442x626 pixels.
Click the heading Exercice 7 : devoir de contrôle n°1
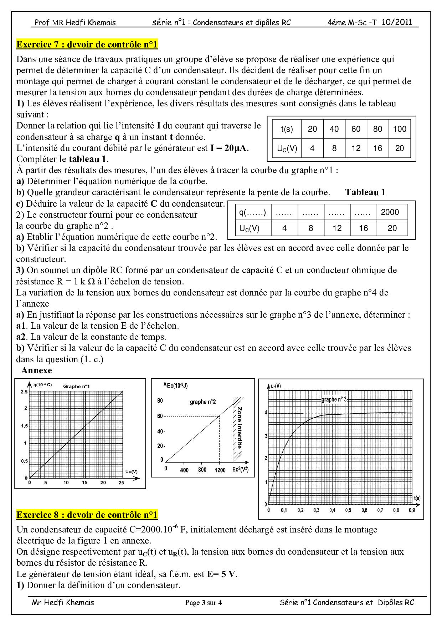[87, 45]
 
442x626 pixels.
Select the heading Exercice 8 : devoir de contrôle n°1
[87, 515]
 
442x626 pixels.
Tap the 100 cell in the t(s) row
[399, 129]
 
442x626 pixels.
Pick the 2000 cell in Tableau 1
[390, 212]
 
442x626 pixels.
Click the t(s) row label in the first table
[287, 129]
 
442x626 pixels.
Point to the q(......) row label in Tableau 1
[253, 212]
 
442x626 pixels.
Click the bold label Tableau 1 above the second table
[365, 192]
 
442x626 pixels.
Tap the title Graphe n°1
[76, 386]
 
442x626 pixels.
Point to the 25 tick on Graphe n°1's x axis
[121, 483]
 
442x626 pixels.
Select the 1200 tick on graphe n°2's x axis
[220, 470]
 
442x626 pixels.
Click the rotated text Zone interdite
[240, 427]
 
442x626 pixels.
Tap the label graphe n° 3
[334, 399]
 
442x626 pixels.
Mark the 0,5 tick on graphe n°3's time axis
[348, 510]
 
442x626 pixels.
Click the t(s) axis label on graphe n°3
[417, 498]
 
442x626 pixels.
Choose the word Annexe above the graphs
[36, 370]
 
